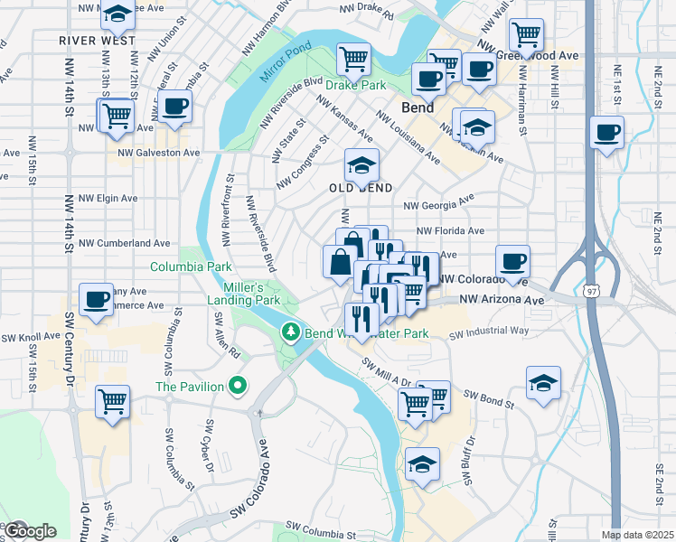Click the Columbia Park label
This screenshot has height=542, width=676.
(191, 266)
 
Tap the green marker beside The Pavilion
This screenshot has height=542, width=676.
(239, 387)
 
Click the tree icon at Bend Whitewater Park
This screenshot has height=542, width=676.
(291, 332)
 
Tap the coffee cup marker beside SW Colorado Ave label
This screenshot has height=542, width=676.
(512, 261)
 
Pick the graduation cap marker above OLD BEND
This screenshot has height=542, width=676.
(361, 165)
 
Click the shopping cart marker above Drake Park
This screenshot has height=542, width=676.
(353, 60)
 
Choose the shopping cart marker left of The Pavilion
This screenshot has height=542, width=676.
(112, 401)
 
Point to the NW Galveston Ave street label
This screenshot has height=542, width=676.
(159, 153)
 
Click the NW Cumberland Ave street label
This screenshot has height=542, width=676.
(124, 243)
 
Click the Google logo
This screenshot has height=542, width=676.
(30, 531)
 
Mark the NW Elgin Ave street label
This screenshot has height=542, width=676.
(108, 198)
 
